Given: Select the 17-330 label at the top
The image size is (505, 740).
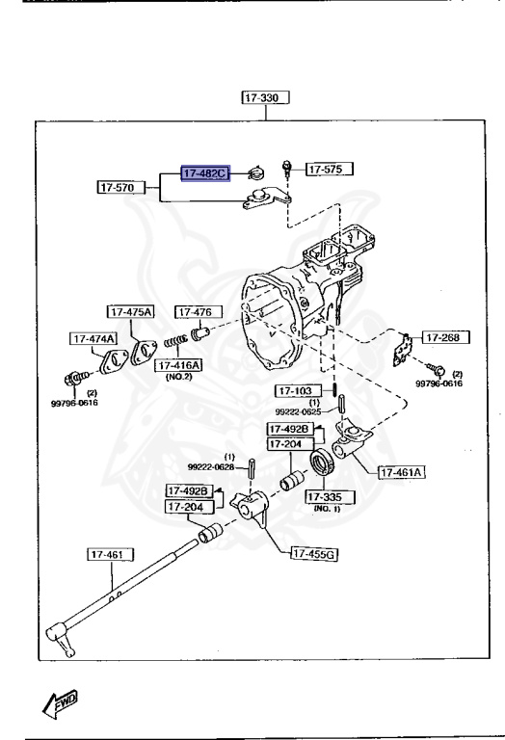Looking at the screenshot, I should [266, 98].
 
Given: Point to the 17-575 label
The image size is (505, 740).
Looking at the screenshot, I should [330, 170].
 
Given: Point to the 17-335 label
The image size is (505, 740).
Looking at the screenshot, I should [330, 497].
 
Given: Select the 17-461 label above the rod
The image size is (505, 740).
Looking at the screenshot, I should [111, 554].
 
